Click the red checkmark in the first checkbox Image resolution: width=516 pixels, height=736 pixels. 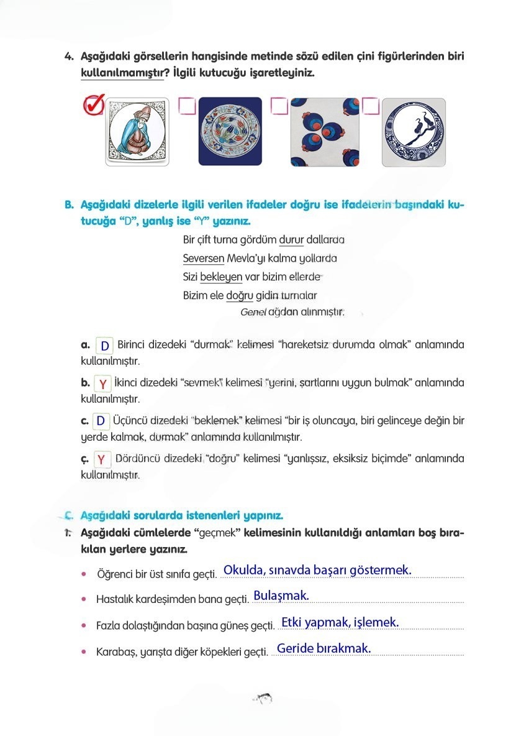[93, 105]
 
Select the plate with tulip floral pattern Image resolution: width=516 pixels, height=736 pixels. [230, 132]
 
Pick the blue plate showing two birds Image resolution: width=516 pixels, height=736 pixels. [413, 132]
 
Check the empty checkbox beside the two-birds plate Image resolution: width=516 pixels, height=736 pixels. [371, 106]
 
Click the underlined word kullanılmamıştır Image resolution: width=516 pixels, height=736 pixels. [122, 73]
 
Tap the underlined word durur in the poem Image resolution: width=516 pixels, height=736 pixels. [291, 239]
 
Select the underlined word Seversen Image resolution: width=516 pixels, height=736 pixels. [203, 258]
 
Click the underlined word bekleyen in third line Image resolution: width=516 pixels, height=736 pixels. [220, 277]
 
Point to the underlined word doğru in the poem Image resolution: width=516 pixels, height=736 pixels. [240, 295]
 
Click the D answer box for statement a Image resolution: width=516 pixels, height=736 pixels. [105, 346]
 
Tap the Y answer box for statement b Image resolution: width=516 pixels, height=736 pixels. [102, 384]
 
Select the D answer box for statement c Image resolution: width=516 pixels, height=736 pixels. [101, 421]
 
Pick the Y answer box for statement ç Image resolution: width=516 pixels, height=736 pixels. [102, 460]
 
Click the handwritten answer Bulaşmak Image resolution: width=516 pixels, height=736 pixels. [281, 596]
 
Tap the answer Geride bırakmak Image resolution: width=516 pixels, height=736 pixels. [324, 648]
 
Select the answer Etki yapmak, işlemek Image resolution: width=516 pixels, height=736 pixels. [340, 622]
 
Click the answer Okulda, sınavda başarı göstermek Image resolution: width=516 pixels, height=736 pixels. [317, 569]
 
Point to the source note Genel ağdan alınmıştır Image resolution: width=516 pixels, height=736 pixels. [292, 312]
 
